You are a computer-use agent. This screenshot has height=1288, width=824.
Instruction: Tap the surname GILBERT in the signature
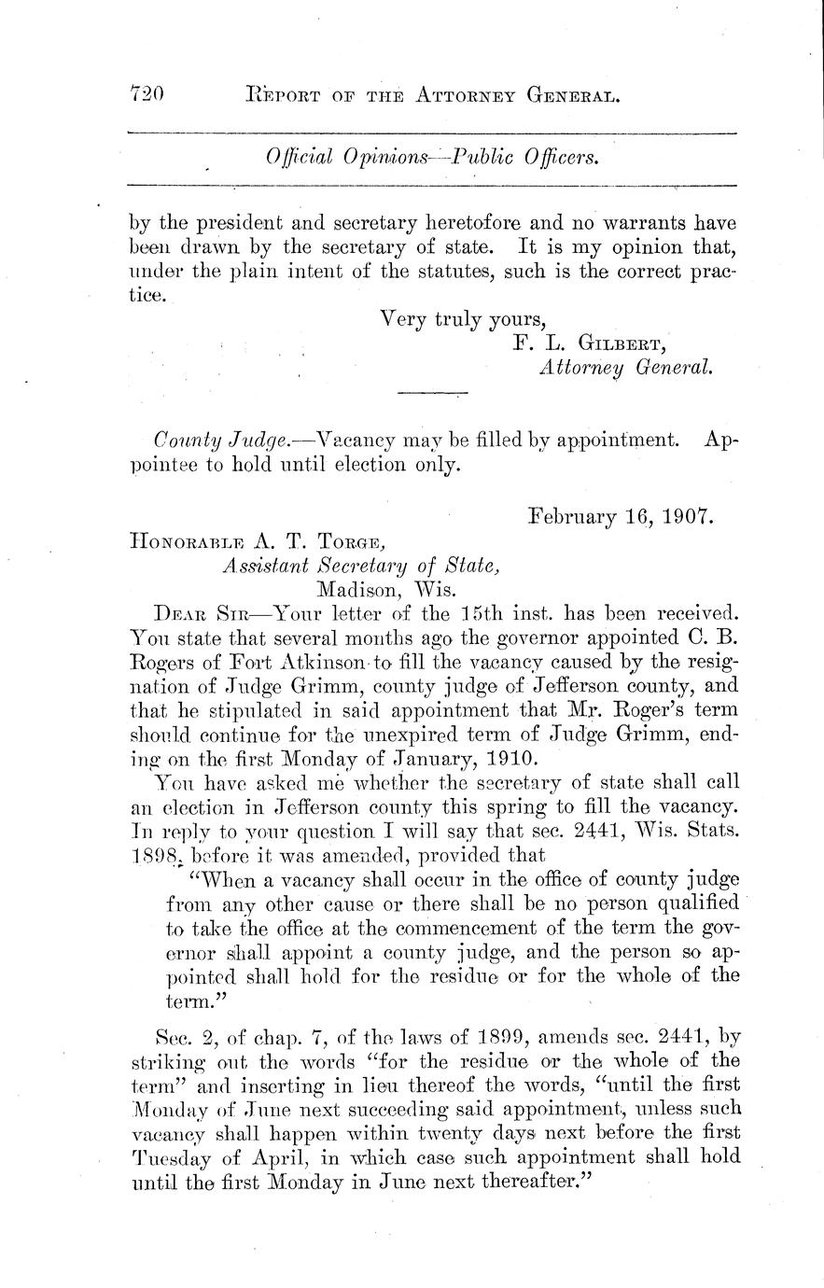pyautogui.click(x=625, y=343)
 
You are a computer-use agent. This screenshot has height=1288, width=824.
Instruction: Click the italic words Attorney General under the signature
pyautogui.click(x=625, y=367)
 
